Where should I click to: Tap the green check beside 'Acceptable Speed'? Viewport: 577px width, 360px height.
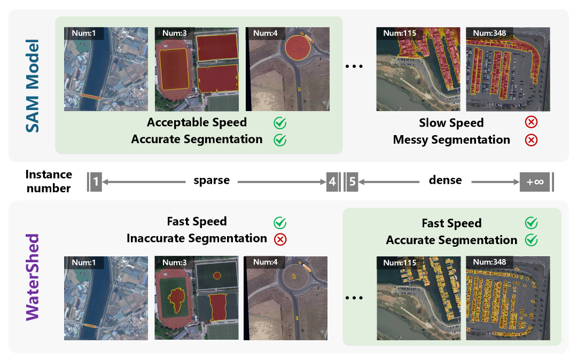(280, 123)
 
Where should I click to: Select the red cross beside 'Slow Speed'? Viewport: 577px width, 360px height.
(531, 122)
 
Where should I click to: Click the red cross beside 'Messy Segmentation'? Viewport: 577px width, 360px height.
(531, 140)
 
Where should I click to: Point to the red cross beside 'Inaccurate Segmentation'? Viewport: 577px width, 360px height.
(280, 239)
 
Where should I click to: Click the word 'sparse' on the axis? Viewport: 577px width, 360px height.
(212, 181)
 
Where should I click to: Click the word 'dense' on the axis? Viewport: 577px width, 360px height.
(445, 180)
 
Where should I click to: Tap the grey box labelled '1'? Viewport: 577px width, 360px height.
(96, 182)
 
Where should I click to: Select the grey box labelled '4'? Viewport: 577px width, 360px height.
(332, 182)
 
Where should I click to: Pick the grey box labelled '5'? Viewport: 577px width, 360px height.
(352, 182)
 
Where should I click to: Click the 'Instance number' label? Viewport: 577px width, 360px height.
(48, 181)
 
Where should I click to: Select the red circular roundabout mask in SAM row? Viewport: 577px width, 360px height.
(298, 48)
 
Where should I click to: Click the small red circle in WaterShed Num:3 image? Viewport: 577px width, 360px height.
(216, 276)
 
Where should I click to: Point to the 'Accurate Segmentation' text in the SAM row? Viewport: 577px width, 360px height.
(197, 139)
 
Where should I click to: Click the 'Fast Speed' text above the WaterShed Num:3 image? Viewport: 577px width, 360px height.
(197, 221)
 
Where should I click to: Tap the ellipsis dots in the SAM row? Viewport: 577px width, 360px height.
(354, 67)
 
